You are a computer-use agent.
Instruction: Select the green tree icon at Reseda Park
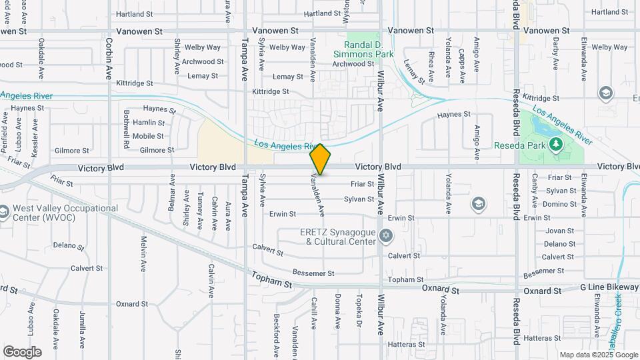[x=555, y=144]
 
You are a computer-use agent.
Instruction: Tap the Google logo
[x=22, y=352]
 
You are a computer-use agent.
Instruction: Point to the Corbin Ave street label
[x=108, y=58]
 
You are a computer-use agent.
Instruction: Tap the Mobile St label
[x=148, y=136]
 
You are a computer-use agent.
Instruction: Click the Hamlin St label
[x=148, y=123]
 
